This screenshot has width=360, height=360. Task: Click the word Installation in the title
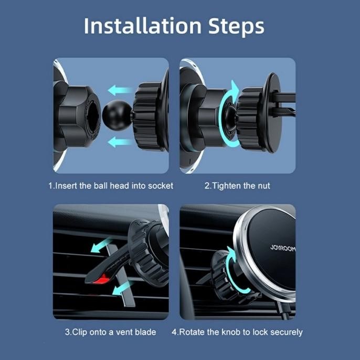pyautogui.click(x=143, y=26)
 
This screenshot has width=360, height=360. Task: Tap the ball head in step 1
pyautogui.click(x=117, y=115)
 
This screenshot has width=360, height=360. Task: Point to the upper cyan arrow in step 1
pyautogui.click(x=120, y=90)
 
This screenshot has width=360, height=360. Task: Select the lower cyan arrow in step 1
pyautogui.click(x=120, y=142)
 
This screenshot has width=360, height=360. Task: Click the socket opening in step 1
pyautogui.click(x=93, y=116)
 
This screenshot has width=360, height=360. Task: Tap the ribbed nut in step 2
pyautogui.click(x=249, y=119)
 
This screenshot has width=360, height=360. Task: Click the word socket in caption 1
pyautogui.click(x=161, y=186)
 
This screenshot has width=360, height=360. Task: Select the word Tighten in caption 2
pyautogui.click(x=226, y=186)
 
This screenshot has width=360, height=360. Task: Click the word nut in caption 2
pyautogui.click(x=264, y=186)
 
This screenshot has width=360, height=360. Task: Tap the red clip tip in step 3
pyautogui.click(x=101, y=279)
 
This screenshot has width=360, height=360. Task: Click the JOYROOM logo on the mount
pyautogui.click(x=283, y=248)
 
